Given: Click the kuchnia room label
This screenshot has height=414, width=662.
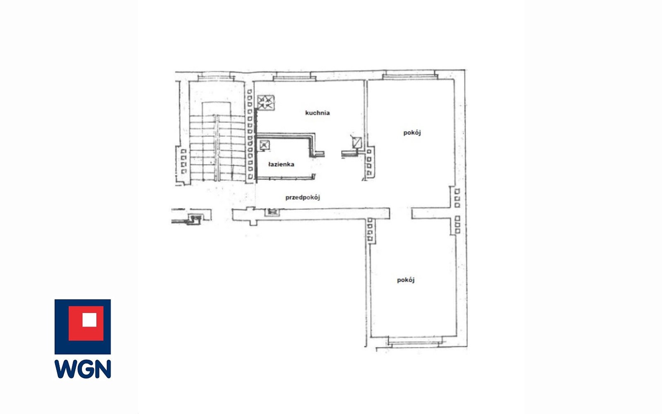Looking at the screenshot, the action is pyautogui.click(x=318, y=113).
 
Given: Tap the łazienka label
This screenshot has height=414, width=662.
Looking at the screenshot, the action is pyautogui.click(x=281, y=164).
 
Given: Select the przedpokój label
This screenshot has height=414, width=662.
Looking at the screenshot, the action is pyautogui.click(x=303, y=197).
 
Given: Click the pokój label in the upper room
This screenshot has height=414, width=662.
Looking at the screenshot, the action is pyautogui.click(x=412, y=133).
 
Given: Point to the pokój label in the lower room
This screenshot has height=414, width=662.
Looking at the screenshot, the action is pyautogui.click(x=405, y=280).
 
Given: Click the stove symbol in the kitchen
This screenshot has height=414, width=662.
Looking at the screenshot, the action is pyautogui.click(x=266, y=103).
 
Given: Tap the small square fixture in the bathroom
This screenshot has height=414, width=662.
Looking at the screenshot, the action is pyautogui.click(x=264, y=145).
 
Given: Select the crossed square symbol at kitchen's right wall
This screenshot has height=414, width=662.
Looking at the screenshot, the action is pyautogui.click(x=357, y=142).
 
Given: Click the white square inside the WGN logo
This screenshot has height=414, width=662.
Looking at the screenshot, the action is pyautogui.click(x=89, y=320).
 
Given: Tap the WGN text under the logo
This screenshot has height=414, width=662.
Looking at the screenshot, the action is pyautogui.click(x=83, y=369).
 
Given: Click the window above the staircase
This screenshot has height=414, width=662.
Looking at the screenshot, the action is pyautogui.click(x=217, y=78).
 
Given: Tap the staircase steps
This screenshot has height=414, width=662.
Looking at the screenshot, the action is pyautogui.click(x=217, y=148).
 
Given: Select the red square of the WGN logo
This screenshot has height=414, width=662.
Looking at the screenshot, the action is pyautogui.click(x=86, y=323).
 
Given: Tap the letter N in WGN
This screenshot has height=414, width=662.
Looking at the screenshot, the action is pyautogui.click(x=103, y=369).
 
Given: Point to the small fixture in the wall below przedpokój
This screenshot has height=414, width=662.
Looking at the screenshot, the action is pyautogui.click(x=272, y=212).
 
